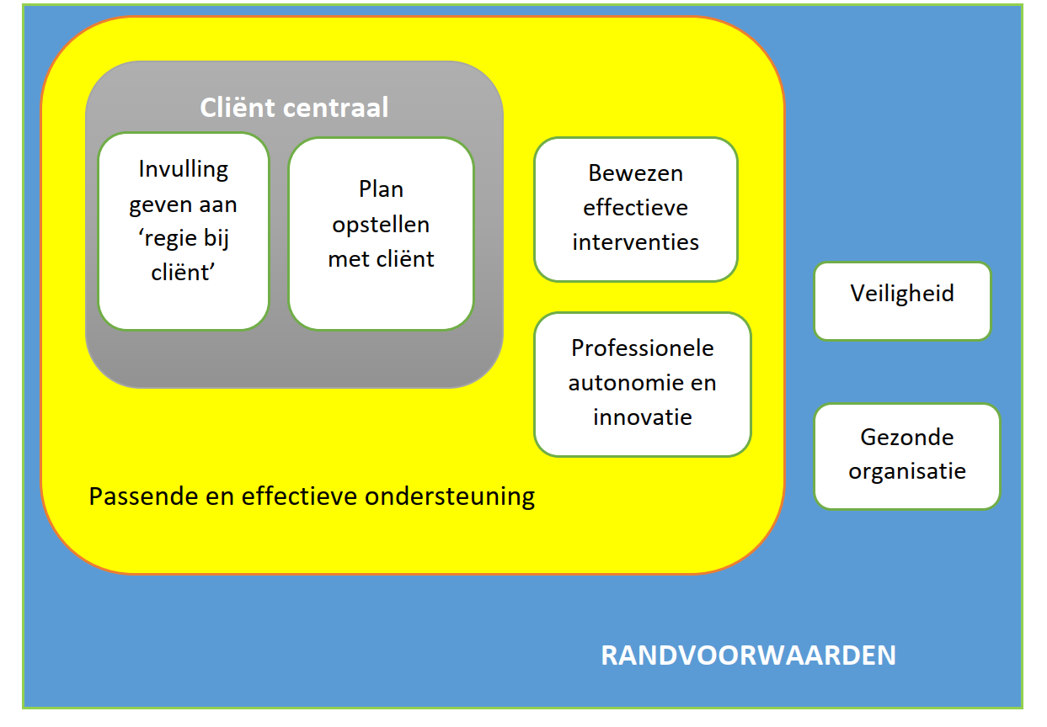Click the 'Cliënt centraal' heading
[x=294, y=108]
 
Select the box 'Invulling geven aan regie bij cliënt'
[x=184, y=231]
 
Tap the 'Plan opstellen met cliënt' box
[x=381, y=233]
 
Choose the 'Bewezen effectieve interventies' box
[x=635, y=209]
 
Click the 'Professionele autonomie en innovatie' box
[x=642, y=384]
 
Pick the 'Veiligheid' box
[x=902, y=300]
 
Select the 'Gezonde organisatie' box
[x=906, y=455]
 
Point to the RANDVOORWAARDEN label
[x=748, y=655]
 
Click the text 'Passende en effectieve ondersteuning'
[x=312, y=496]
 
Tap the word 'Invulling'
[x=184, y=169]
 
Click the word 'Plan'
[x=381, y=189]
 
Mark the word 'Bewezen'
[x=635, y=173]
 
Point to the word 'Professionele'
[x=642, y=348]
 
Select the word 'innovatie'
[x=642, y=417]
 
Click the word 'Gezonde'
[x=906, y=438]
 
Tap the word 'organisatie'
[x=906, y=471]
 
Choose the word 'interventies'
[x=635, y=242]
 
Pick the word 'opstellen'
[x=381, y=225]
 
